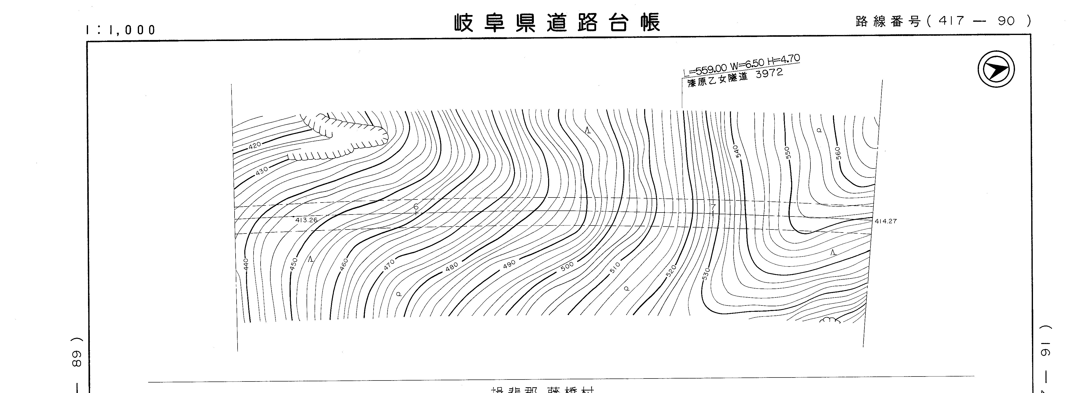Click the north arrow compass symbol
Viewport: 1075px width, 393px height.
tap(996, 69)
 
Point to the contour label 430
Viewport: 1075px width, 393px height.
tap(262, 171)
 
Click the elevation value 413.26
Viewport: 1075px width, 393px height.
tap(306, 220)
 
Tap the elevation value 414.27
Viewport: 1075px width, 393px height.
tap(885, 221)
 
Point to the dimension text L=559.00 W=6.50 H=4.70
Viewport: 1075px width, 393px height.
tap(741, 66)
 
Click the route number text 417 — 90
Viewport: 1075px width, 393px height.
tap(976, 21)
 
